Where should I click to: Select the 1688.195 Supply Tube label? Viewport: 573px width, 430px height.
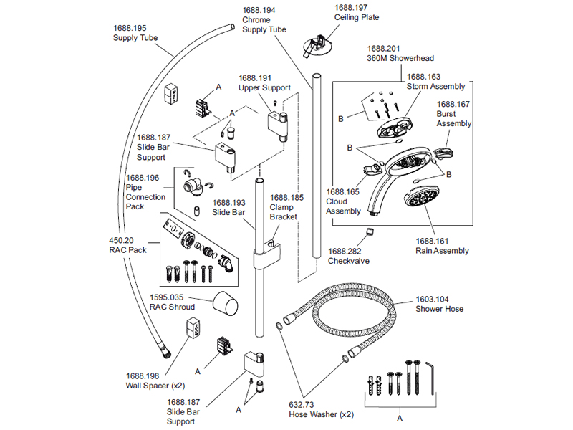[135, 32]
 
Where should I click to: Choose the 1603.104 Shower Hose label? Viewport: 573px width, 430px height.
[439, 304]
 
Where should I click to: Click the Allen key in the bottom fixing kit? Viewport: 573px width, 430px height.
[431, 376]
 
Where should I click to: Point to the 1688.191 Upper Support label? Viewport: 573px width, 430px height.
[264, 82]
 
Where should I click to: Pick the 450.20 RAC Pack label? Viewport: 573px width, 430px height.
[128, 246]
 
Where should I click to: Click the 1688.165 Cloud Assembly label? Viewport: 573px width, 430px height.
[343, 201]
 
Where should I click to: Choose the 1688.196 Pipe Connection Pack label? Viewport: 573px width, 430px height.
[145, 192]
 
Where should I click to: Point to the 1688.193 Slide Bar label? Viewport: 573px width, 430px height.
[229, 208]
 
